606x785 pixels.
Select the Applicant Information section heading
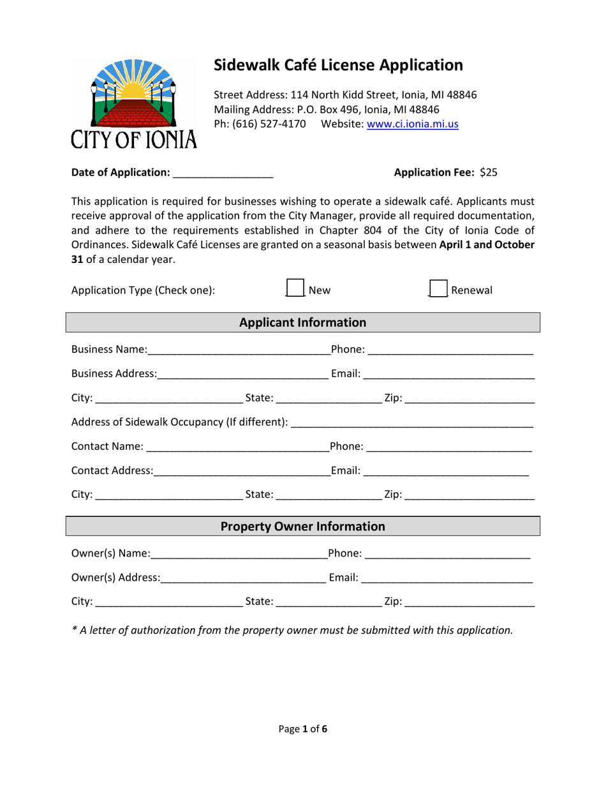(303, 322)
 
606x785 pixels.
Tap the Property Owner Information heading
(303, 527)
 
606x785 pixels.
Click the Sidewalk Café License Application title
(338, 65)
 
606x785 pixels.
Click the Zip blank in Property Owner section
(469, 601)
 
